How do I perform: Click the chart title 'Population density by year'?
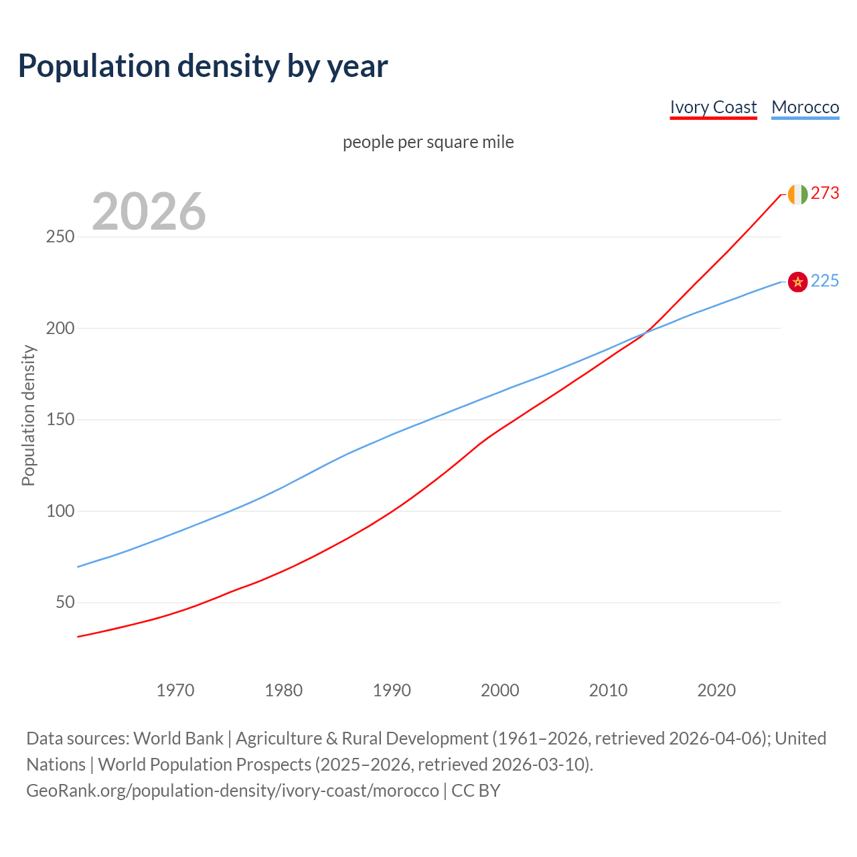pyautogui.click(x=203, y=66)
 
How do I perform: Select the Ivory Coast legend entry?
pyautogui.click(x=713, y=107)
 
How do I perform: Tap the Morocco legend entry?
pyautogui.click(x=805, y=107)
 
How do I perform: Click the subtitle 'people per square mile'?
pyautogui.click(x=428, y=142)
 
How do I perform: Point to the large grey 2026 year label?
pyautogui.click(x=149, y=212)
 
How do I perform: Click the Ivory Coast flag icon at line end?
pyautogui.click(x=797, y=194)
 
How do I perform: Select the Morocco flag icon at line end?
pyautogui.click(x=797, y=282)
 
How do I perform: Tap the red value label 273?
pyautogui.click(x=825, y=193)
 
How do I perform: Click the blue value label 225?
pyautogui.click(x=825, y=281)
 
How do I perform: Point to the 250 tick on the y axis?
pyautogui.click(x=60, y=237)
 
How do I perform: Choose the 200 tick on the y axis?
pyautogui.click(x=60, y=328)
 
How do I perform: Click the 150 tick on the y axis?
pyautogui.click(x=60, y=420)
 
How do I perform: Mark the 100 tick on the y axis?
pyautogui.click(x=60, y=511)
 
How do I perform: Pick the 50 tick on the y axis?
pyautogui.click(x=65, y=603)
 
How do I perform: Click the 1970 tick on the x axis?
pyautogui.click(x=175, y=690)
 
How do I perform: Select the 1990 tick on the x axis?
pyautogui.click(x=392, y=690)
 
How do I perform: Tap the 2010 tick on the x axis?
pyautogui.click(x=608, y=690)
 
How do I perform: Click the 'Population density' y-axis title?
pyautogui.click(x=28, y=415)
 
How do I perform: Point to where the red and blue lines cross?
pyautogui.click(x=645, y=332)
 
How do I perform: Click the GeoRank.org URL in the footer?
pyautogui.click(x=232, y=791)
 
